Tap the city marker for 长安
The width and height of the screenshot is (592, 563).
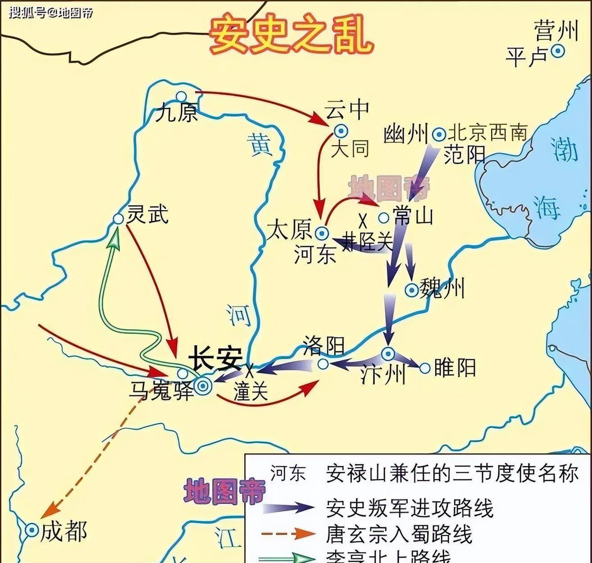click(203, 385)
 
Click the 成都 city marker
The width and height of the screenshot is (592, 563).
click(32, 531)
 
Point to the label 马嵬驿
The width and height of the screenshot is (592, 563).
click(161, 390)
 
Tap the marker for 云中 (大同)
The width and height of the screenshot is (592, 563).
click(341, 131)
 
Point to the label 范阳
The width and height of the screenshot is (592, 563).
click(464, 155)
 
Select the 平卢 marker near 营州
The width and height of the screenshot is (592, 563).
click(558, 51)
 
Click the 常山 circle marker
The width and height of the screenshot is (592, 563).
click(383, 218)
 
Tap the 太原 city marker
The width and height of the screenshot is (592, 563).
click(322, 233)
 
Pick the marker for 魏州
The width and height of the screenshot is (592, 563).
click(411, 290)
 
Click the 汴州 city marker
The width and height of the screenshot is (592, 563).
click(387, 353)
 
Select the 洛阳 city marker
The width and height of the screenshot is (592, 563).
click(323, 364)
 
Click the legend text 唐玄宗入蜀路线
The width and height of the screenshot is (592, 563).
click(399, 534)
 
